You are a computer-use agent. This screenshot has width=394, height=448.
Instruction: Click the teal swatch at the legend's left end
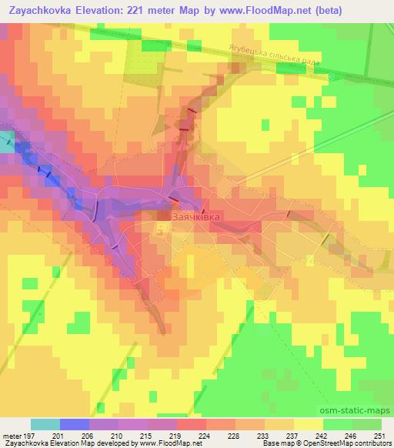pos(45,424)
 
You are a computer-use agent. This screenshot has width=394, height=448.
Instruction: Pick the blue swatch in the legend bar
pos(75,424)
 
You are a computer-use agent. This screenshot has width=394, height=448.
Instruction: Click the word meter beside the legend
pos(11,436)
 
